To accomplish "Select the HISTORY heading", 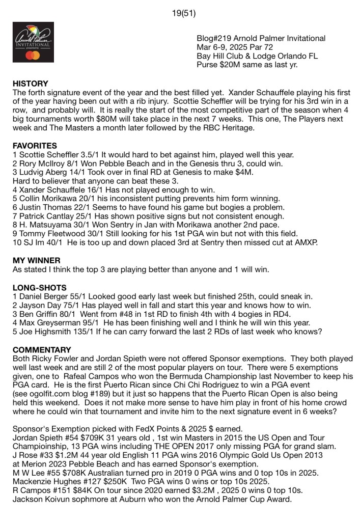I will coord(30,84).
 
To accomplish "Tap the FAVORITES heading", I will coord(35,145).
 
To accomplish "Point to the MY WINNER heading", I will coord(36,260).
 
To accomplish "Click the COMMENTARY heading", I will coord(42,350).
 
